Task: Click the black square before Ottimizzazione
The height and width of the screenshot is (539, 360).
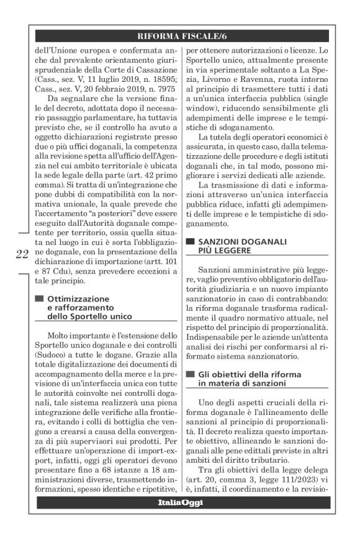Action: tap(38, 298)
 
